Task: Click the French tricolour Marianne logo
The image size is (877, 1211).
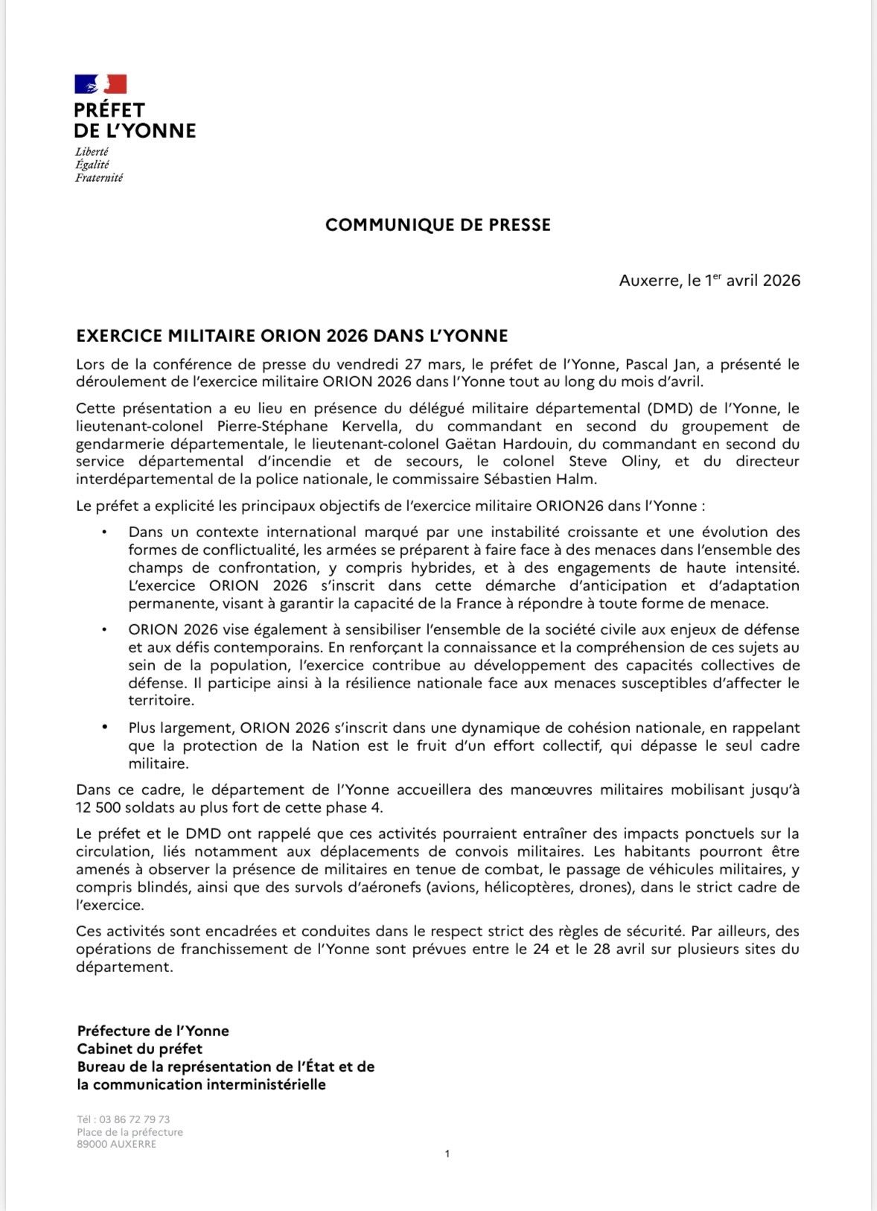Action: click(101, 84)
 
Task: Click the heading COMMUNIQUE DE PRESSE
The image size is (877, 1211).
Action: click(438, 225)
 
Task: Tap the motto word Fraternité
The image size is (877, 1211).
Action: click(99, 178)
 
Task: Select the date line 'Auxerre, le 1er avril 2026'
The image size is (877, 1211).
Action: click(709, 281)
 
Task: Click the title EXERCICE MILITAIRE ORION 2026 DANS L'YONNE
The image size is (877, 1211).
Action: click(292, 336)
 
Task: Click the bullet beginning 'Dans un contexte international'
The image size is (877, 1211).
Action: click(105, 533)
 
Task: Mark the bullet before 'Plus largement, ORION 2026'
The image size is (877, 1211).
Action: click(105, 728)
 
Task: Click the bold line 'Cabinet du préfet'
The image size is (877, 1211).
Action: click(139, 1049)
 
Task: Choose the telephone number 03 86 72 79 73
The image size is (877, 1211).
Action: click(135, 1119)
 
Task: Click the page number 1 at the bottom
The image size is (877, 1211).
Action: click(447, 1154)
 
